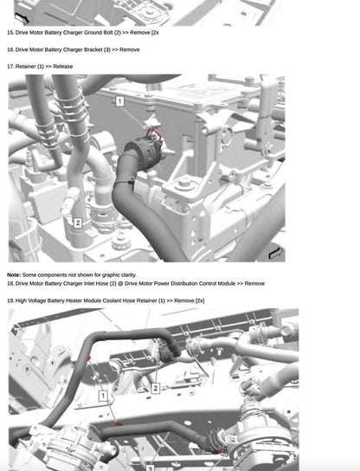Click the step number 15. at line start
pos(10,33)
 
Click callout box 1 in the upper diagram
pos(119,102)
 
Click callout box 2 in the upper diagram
pos(77,223)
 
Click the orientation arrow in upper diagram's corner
pos(275,253)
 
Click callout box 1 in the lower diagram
pos(102,396)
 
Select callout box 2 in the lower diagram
pos(155,388)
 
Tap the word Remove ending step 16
pos(129,49)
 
